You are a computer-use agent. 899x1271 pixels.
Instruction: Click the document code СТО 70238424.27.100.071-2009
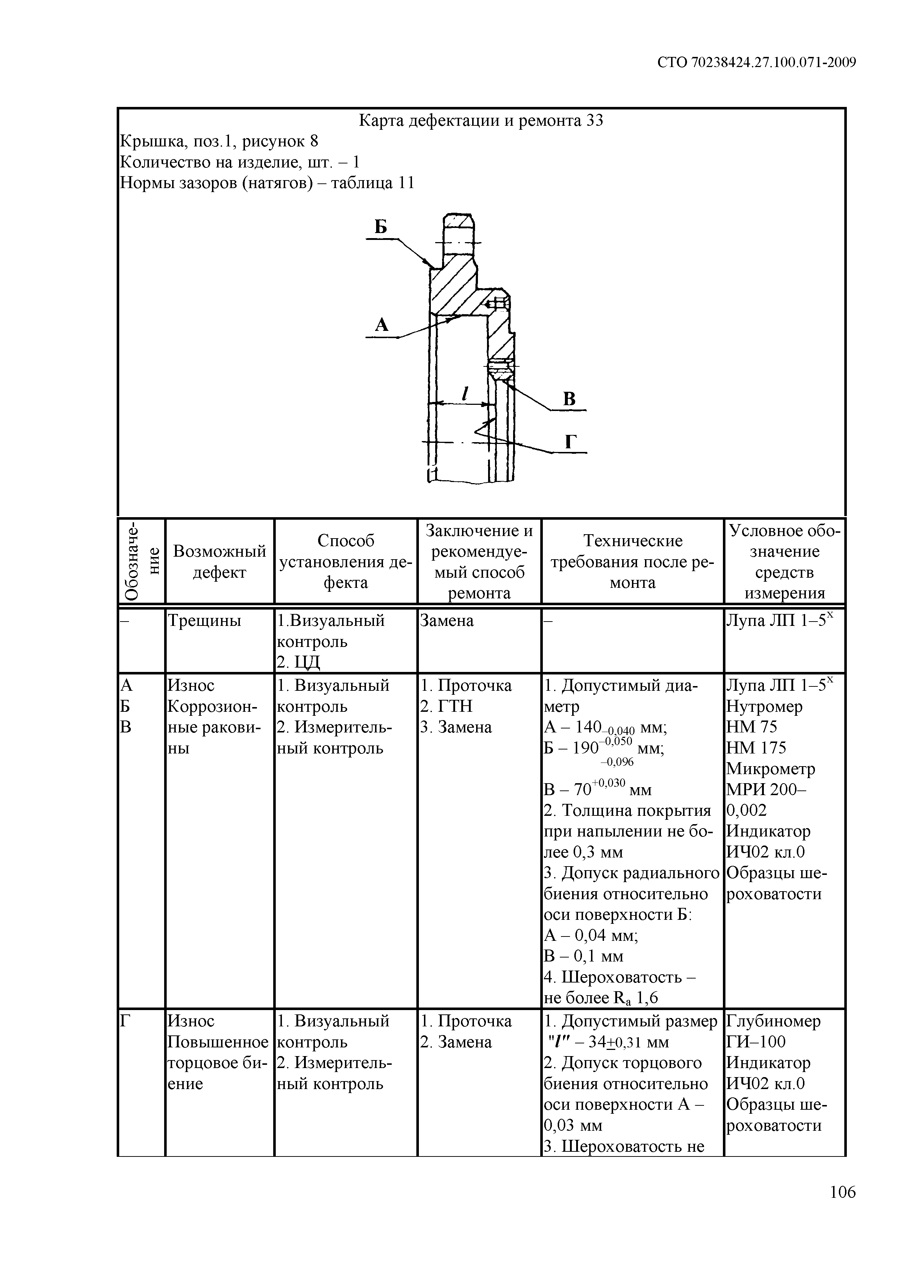(x=757, y=63)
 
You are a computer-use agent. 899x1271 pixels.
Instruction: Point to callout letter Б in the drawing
(x=380, y=227)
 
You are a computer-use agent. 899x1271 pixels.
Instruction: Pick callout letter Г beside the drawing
(x=571, y=442)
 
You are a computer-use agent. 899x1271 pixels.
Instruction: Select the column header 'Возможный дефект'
(x=219, y=561)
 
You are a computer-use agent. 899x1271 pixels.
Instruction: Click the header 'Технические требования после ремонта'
(x=632, y=561)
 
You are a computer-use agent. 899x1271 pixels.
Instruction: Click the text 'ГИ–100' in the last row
(x=756, y=1042)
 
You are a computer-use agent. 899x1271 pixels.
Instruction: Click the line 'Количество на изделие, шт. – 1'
(x=240, y=162)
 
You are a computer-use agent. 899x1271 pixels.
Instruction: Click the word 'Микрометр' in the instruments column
(x=771, y=769)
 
